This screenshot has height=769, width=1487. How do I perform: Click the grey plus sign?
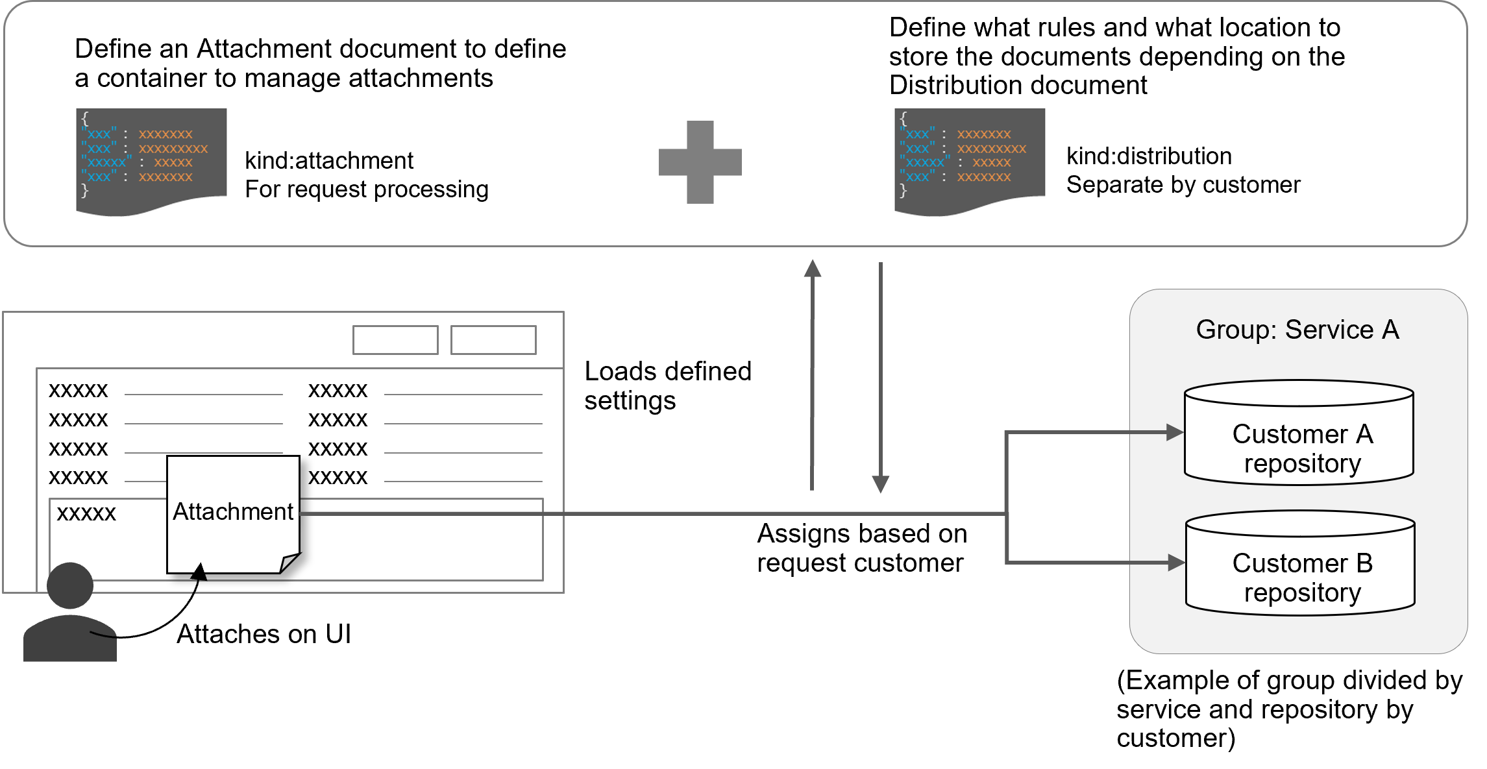(x=700, y=162)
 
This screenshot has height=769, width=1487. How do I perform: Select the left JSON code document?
(x=151, y=160)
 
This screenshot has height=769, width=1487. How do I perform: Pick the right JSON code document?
(x=969, y=160)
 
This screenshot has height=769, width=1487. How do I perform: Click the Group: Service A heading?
(x=1297, y=330)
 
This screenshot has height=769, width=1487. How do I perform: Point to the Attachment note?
(x=233, y=513)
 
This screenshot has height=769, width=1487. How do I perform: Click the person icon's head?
(x=70, y=585)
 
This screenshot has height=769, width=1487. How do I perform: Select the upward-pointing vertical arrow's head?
(x=813, y=268)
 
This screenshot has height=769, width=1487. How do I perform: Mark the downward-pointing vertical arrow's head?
(x=880, y=485)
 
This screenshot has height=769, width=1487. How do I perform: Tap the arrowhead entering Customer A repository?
(x=1175, y=432)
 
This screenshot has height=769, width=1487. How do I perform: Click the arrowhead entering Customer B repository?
(x=1176, y=563)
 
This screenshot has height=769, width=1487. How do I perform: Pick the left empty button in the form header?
(x=395, y=340)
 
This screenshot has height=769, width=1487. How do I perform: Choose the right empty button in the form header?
(x=493, y=340)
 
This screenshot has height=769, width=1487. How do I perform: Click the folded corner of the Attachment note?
(x=289, y=562)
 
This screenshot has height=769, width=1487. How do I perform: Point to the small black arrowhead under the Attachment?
(x=200, y=572)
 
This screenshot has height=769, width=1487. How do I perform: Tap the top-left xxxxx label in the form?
(x=78, y=391)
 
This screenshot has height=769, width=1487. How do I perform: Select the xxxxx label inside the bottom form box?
(x=86, y=513)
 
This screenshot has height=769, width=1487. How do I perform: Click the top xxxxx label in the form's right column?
(x=338, y=391)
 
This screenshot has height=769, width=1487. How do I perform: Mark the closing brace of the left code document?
(x=84, y=190)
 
